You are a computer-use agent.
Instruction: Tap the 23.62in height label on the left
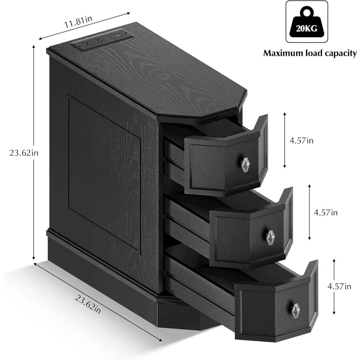[24, 153]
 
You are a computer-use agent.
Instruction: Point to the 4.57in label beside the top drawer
[301, 140]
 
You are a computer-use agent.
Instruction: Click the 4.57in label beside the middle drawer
[325, 212]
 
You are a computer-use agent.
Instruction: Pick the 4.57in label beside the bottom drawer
[339, 286]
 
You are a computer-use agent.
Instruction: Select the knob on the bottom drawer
[296, 309]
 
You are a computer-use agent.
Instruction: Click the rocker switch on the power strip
[116, 36]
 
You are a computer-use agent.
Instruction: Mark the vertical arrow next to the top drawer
[285, 140]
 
